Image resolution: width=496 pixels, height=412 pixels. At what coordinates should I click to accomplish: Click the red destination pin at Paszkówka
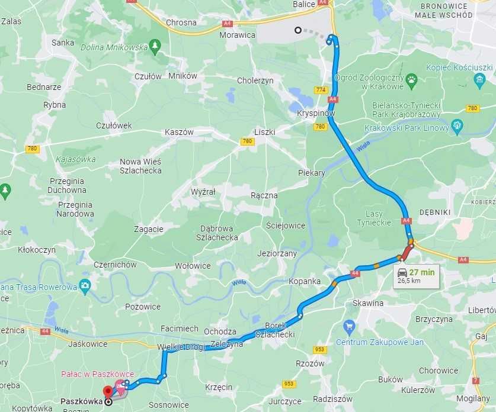[x=108, y=391]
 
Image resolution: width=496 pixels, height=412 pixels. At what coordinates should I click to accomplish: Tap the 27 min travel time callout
[x=417, y=276]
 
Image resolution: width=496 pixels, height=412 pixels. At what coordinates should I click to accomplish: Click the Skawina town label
[x=368, y=303]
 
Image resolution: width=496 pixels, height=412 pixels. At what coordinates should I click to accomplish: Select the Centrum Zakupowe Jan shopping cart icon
[x=349, y=325]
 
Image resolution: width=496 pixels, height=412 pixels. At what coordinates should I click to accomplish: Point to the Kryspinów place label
[x=316, y=113]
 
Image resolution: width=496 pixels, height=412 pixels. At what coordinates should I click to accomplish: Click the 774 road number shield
[x=321, y=90]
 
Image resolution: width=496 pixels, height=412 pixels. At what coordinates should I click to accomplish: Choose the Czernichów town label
[x=115, y=265]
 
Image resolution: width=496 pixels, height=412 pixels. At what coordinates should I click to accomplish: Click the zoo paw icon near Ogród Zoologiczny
[x=411, y=79]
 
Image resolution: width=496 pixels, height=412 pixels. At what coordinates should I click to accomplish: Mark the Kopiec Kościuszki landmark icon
[x=480, y=79]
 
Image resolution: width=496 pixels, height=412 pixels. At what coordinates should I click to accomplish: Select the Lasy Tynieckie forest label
[x=374, y=218]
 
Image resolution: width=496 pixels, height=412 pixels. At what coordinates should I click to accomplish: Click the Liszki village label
[x=264, y=132]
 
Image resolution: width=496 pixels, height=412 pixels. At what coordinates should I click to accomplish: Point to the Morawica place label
[x=238, y=35]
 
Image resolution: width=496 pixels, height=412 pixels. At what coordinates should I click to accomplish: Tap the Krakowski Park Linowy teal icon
[x=456, y=125]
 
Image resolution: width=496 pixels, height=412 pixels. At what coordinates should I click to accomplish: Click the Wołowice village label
[x=193, y=266]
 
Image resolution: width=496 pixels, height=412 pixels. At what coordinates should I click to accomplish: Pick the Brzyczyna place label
[x=434, y=318]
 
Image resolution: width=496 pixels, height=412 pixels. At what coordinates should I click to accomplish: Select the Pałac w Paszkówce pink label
[x=97, y=374]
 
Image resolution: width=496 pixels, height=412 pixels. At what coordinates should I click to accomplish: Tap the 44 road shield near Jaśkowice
[x=45, y=331]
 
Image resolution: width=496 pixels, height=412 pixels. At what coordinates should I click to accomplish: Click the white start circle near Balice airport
[x=298, y=30]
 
